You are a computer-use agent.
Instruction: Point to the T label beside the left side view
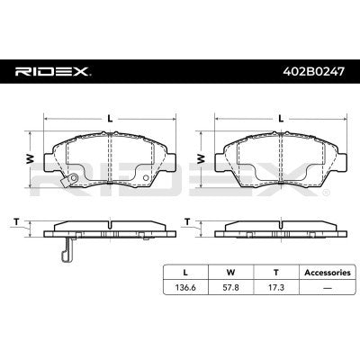point(15,220)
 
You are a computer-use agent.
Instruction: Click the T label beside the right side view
point(188,220)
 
